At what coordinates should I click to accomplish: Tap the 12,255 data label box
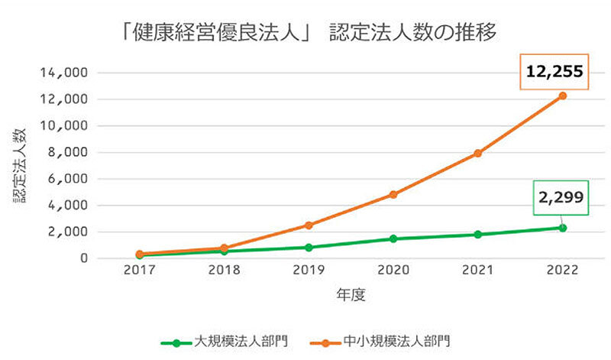[554, 72]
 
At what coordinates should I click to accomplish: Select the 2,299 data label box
[561, 197]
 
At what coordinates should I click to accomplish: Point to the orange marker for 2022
[563, 96]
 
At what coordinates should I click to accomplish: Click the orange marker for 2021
[478, 154]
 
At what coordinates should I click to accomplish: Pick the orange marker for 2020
[393, 194]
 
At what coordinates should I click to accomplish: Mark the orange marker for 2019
[309, 225]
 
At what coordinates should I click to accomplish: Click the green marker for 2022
[563, 228]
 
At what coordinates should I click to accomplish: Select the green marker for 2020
[393, 238]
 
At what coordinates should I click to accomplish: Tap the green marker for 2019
[309, 248]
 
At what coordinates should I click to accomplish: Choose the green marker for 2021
[478, 235]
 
